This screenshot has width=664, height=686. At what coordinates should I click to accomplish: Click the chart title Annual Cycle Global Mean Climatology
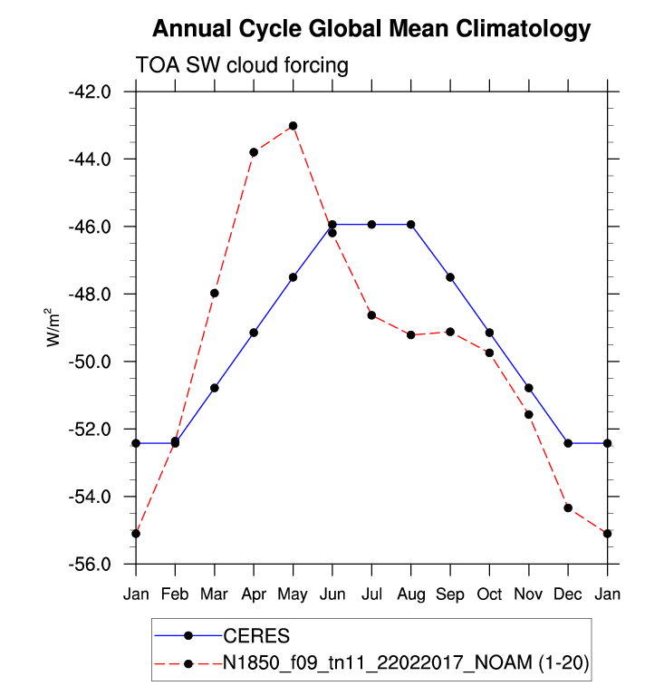[x=371, y=29]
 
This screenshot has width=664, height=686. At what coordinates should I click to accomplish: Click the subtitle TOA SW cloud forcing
[x=242, y=65]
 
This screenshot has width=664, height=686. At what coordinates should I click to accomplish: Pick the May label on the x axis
[x=293, y=594]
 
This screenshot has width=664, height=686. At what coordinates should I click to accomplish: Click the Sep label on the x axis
[x=450, y=594]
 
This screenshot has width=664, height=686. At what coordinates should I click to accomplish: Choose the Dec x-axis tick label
[x=568, y=594]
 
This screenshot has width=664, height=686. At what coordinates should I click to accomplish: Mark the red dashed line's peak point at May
[x=293, y=125]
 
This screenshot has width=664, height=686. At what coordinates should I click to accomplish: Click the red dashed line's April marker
[x=254, y=152]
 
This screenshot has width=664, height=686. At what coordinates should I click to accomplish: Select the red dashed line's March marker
[x=215, y=293]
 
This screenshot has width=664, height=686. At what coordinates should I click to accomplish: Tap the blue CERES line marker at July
[x=371, y=224]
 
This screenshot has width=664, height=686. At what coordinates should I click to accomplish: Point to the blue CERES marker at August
[x=411, y=224]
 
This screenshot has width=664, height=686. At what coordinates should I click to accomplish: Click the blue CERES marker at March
[x=215, y=388]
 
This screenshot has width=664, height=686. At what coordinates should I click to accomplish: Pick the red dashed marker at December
[x=568, y=507]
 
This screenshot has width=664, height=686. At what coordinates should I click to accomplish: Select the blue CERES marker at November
[x=529, y=388]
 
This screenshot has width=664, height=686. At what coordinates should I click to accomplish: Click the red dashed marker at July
[x=371, y=314]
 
